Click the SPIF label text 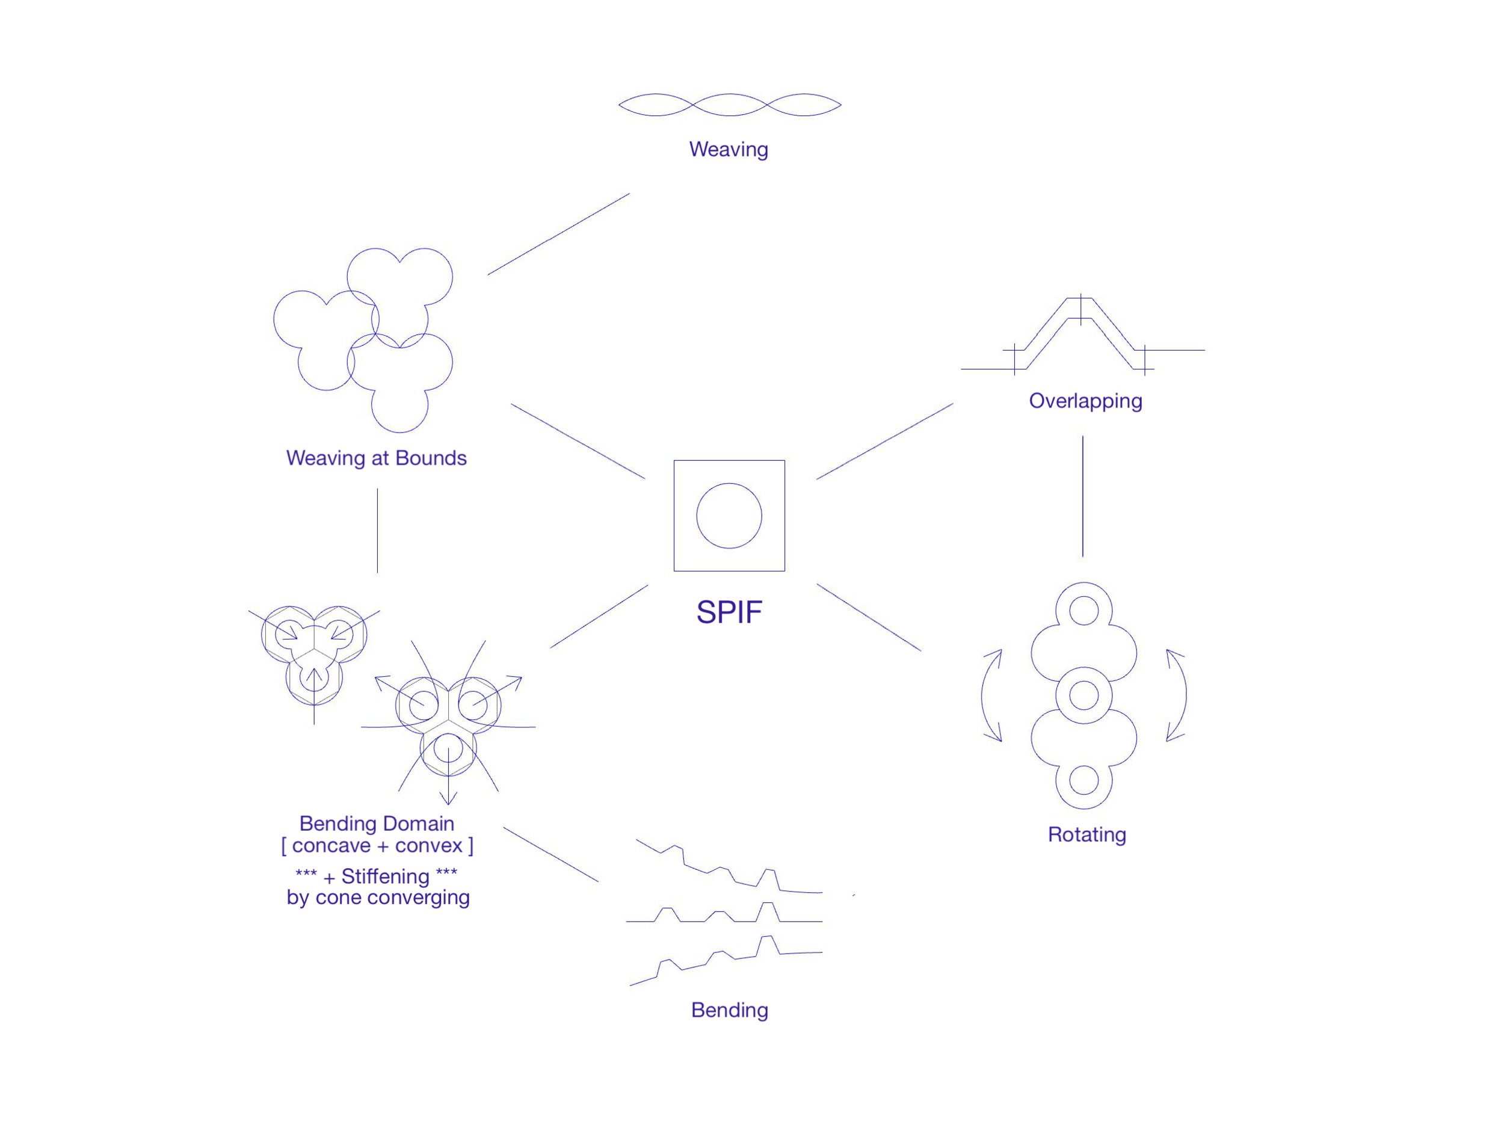click(x=729, y=612)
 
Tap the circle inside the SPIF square click(x=729, y=516)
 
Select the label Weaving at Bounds click(x=376, y=458)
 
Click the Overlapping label click(x=1085, y=401)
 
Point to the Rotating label click(x=1086, y=834)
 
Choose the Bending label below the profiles click(x=730, y=1009)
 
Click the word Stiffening click(x=385, y=877)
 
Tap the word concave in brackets click(x=330, y=846)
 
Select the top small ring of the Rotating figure click(x=1084, y=611)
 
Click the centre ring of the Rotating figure click(x=1084, y=695)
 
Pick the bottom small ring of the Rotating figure click(x=1084, y=780)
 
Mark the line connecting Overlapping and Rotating click(x=1082, y=496)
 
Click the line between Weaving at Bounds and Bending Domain click(x=377, y=531)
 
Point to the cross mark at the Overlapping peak click(x=1080, y=309)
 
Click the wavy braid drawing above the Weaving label click(x=730, y=105)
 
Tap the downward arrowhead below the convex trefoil click(x=448, y=798)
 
